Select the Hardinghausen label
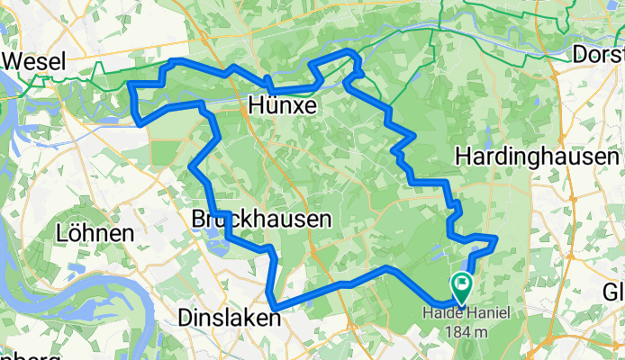coord(538,156)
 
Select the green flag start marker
coord(462,287)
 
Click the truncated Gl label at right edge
coord(614,292)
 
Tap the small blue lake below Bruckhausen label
coord(213,236)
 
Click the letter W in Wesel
coord(15,61)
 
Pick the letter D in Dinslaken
coord(186,317)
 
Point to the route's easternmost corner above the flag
coord(496,238)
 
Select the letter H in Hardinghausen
coord(465,156)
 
